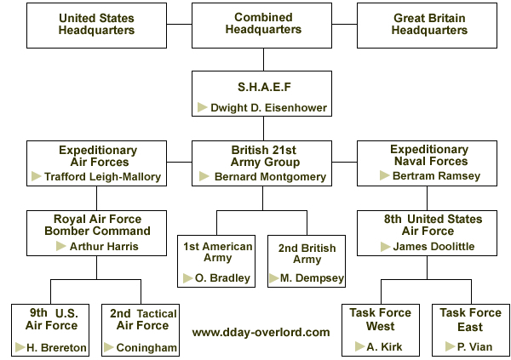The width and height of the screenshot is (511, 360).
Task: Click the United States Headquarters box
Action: [96, 26]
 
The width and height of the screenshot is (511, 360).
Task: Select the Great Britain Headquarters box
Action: [427, 26]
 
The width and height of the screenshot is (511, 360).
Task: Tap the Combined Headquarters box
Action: [261, 26]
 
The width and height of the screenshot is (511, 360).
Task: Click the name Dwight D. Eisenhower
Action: [268, 108]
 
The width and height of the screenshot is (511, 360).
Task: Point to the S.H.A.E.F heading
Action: [264, 87]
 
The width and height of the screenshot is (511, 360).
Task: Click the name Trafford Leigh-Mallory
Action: [103, 176]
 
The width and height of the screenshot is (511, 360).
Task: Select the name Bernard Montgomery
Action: [270, 176]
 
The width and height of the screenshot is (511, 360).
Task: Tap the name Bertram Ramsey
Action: [436, 176]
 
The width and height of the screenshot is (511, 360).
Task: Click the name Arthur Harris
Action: [104, 246]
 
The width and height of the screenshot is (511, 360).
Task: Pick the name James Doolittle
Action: [433, 246]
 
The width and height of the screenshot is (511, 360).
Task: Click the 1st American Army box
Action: [216, 261]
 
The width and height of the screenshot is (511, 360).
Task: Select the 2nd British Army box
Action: [307, 261]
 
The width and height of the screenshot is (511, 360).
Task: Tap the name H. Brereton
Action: [56, 347]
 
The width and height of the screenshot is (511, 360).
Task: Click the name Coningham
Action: [146, 347]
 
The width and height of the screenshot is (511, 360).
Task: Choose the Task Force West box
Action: [381, 330]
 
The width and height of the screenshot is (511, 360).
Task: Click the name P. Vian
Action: [474, 346]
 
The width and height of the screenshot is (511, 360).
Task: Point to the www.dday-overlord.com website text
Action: [261, 332]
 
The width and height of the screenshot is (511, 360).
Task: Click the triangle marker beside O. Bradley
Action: [187, 278]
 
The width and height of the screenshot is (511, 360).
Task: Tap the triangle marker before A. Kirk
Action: [359, 346]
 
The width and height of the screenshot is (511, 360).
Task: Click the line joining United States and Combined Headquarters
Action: [179, 24]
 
